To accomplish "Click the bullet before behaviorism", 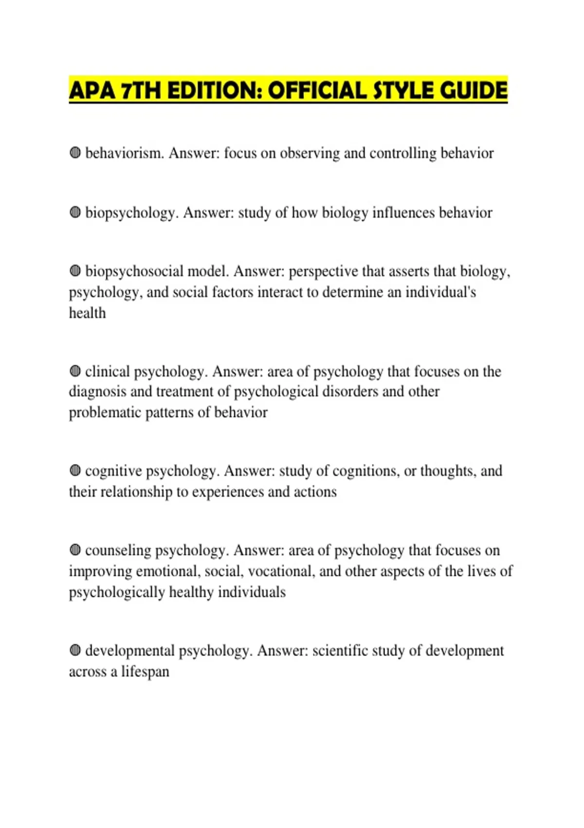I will pos(75,153).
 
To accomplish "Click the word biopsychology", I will pos(130,213).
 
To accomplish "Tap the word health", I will pos(87,313).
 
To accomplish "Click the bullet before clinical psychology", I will pos(75,372).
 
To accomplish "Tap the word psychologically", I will pos(117,592).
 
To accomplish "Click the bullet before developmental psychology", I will pos(75,651).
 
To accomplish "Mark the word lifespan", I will pos(145,672).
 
